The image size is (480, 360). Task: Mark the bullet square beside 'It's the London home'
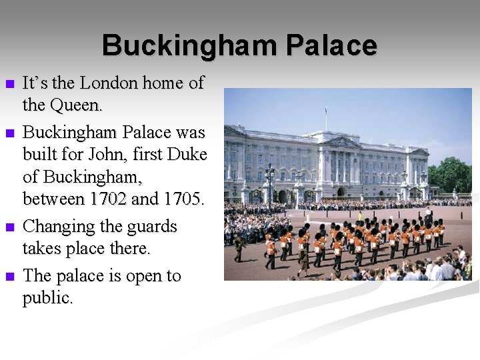click(x=9, y=85)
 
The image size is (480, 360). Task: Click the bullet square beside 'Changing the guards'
click(x=9, y=228)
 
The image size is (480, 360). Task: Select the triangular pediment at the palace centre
click(x=344, y=141)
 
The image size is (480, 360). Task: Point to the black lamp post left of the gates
click(x=269, y=183)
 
